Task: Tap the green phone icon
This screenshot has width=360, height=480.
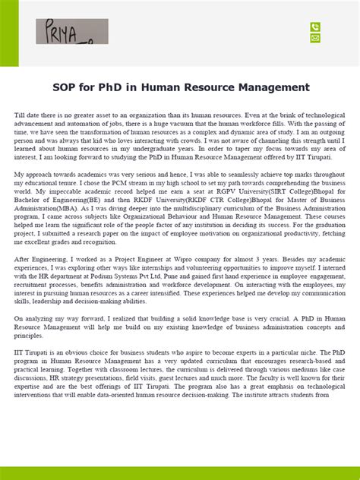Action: point(315,27)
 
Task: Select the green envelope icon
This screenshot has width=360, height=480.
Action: point(315,38)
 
